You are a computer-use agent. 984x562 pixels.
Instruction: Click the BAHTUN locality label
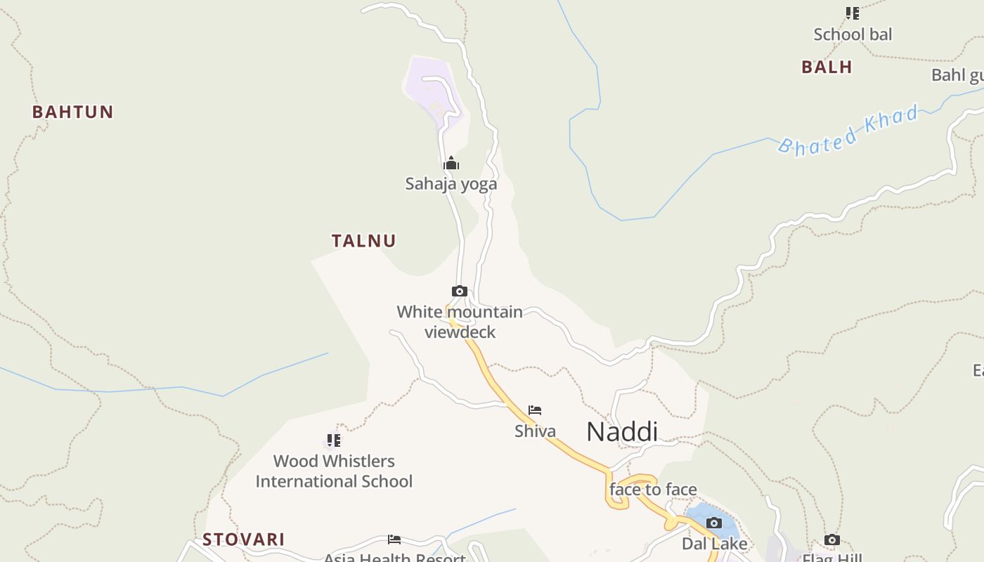[72, 112]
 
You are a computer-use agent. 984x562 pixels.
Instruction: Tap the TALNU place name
[364, 241]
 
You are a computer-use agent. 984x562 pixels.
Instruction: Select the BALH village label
[827, 67]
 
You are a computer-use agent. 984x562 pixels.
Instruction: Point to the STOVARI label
[244, 540]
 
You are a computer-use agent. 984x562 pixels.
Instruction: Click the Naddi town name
[622, 431]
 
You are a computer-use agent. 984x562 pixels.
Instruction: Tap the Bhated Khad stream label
[849, 130]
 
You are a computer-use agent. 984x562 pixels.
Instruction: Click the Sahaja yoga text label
[451, 184]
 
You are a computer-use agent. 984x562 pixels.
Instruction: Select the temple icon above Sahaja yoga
[451, 164]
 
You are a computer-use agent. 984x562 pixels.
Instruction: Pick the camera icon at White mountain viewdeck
[460, 291]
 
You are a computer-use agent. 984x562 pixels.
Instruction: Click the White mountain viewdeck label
[460, 322]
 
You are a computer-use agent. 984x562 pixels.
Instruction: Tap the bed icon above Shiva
[535, 410]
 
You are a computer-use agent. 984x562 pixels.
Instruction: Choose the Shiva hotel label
[535, 431]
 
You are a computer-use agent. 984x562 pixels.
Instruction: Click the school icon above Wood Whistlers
[334, 440]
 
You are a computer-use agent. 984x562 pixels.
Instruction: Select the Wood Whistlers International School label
[334, 471]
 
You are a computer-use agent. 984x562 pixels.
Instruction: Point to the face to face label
[653, 490]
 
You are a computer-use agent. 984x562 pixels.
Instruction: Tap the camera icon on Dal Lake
[714, 523]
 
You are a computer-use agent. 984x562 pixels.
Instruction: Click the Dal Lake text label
[715, 544]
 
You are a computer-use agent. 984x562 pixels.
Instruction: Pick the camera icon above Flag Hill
[832, 540]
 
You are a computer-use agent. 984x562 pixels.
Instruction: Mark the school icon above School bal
[853, 13]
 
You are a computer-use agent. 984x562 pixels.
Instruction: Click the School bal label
[853, 34]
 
